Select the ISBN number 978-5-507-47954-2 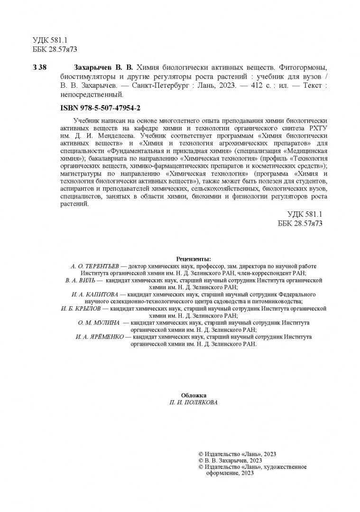coord(109,108)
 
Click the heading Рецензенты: coord(194,259)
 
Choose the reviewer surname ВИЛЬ coord(89,281)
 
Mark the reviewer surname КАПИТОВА coord(99,294)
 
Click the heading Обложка coord(194,395)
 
